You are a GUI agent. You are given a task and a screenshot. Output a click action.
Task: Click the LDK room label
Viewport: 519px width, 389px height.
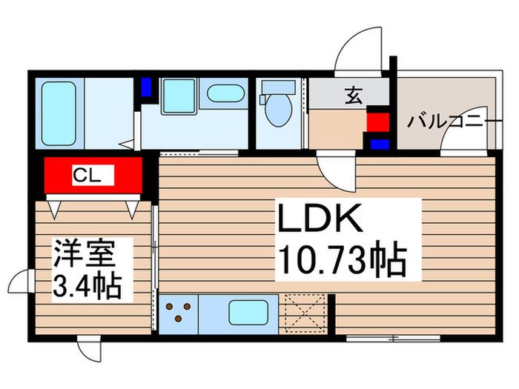[320, 220]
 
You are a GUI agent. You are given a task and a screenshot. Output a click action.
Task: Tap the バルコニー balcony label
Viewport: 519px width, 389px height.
[445, 120]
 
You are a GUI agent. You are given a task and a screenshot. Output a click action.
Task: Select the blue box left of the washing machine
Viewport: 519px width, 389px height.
[146, 87]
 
